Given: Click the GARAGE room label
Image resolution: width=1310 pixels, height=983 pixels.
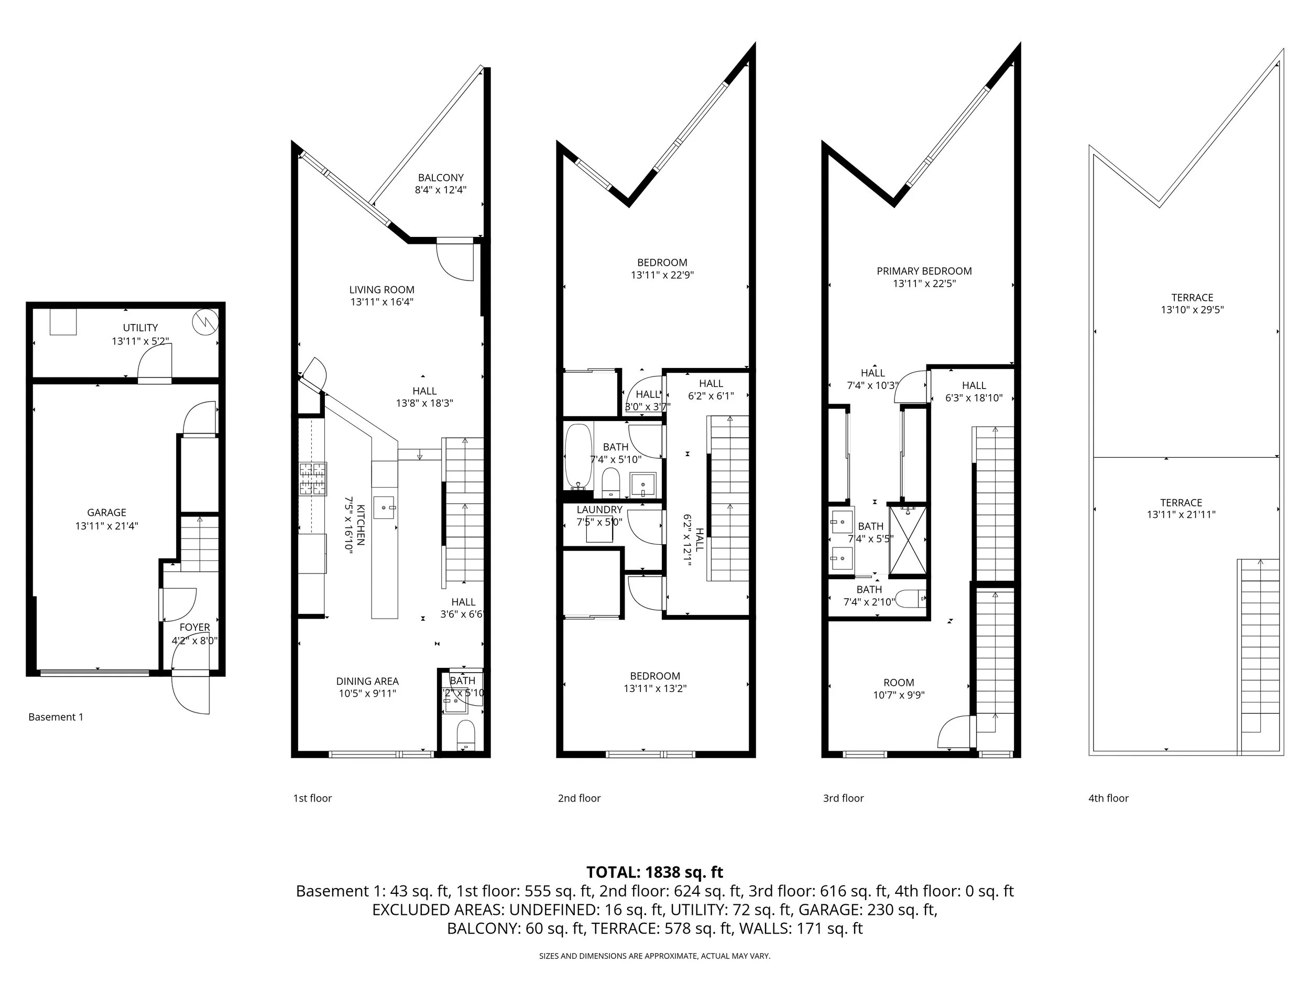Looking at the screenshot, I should click(x=106, y=513).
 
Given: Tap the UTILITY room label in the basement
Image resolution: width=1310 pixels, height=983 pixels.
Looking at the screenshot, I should click(x=140, y=328).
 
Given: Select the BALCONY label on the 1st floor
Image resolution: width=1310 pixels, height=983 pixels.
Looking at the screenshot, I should click(x=441, y=178).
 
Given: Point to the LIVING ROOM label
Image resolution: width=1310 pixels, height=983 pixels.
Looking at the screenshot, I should click(x=381, y=290).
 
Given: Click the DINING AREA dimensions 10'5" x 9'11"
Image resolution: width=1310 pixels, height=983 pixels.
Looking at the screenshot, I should click(x=367, y=694).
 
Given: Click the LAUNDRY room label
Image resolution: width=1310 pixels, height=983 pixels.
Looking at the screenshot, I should click(x=599, y=510).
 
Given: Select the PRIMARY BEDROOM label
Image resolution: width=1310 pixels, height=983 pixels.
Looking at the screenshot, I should click(x=924, y=272).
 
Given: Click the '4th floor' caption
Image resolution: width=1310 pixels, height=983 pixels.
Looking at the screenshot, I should click(x=1108, y=798).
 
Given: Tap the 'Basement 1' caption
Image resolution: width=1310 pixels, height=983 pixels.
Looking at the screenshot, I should click(x=56, y=717).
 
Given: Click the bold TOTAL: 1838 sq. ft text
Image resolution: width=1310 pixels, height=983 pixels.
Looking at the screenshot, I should click(x=654, y=872).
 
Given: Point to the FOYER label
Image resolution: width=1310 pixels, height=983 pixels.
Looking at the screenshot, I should click(x=195, y=628).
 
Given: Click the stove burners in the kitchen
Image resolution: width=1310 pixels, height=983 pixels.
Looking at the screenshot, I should click(x=313, y=479).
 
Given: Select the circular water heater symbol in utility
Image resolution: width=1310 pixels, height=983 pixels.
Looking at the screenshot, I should click(x=205, y=322).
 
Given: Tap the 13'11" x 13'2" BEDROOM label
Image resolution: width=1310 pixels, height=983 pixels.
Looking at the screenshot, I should click(x=655, y=682).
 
